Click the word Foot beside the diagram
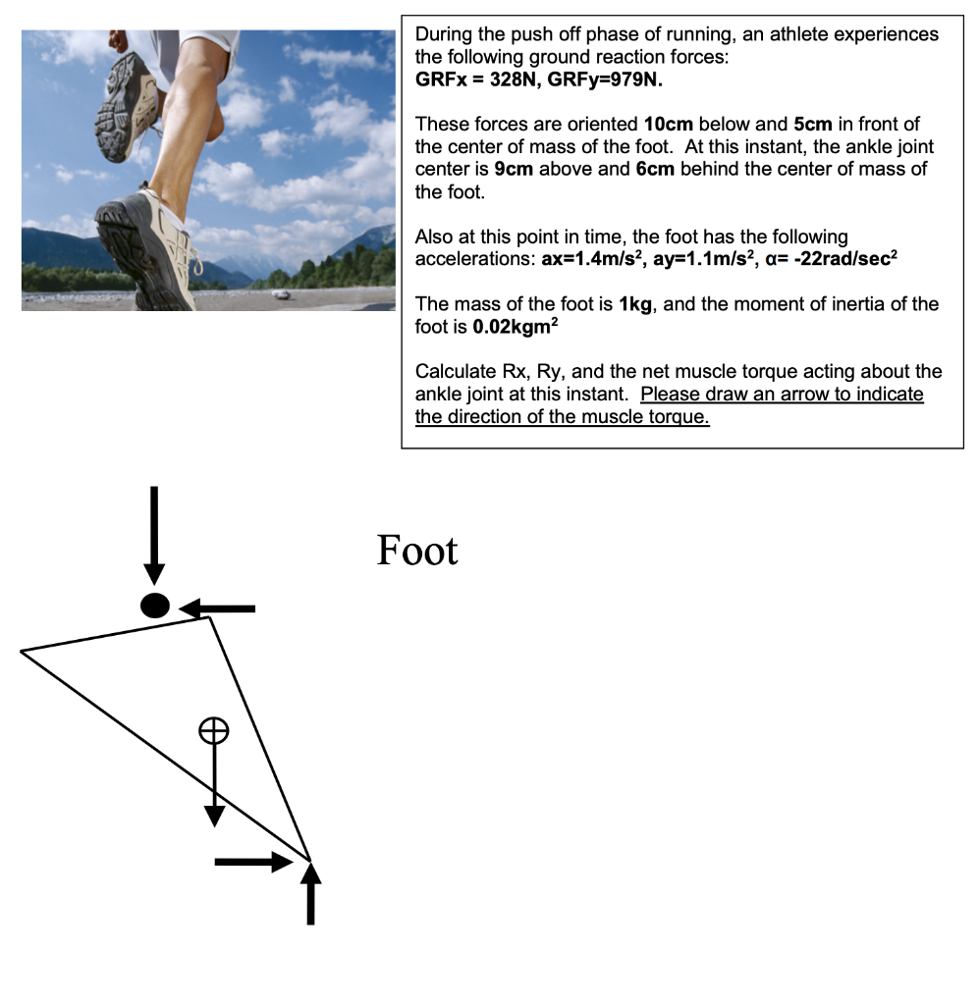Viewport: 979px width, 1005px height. (417, 552)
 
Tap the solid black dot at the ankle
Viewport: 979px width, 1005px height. (155, 606)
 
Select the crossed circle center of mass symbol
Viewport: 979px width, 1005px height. (214, 729)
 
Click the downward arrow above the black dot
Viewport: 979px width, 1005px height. (153, 535)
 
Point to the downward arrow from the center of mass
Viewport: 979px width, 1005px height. (214, 785)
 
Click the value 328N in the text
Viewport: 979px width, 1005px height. (510, 79)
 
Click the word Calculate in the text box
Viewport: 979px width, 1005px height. (453, 372)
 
